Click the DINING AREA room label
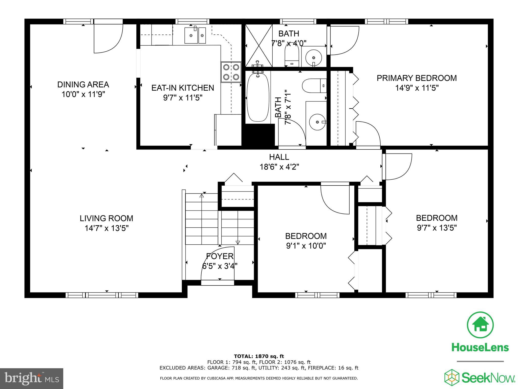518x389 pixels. coord(83,84)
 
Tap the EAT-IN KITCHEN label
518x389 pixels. coord(183,88)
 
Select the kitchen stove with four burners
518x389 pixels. coord(231,72)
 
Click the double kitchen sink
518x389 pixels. coord(195,35)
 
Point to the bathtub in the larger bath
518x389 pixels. coord(258,97)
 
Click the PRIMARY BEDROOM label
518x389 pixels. coord(417,78)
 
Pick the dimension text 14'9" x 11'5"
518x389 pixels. coord(417,88)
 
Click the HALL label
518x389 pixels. coord(279,157)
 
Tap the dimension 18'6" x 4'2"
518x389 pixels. coord(279,167)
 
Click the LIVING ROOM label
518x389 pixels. coord(106,218)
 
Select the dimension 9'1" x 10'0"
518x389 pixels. coord(306,246)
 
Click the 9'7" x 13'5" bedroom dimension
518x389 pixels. coord(437,228)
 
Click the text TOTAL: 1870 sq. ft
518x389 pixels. coord(259,356)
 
